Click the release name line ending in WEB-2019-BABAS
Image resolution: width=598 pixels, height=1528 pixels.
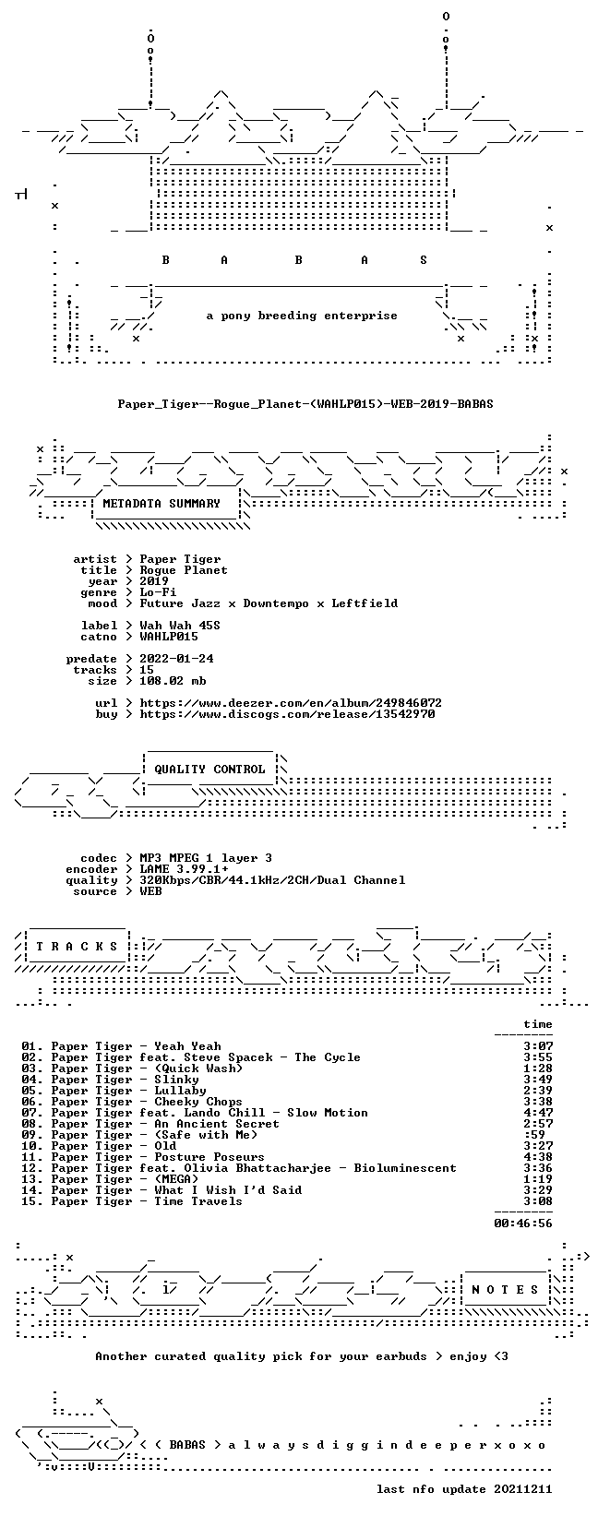coord(305,404)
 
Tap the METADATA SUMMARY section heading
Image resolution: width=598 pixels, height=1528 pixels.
coord(161,504)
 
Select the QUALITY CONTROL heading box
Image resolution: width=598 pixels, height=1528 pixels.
coord(209,769)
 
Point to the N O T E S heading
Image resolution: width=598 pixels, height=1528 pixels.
coord(505,1289)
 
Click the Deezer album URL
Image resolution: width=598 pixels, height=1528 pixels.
coord(291,702)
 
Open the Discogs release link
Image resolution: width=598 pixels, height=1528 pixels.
coord(287,714)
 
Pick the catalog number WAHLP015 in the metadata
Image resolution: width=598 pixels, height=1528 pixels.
coord(169,637)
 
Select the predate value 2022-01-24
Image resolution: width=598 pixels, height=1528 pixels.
coord(176,658)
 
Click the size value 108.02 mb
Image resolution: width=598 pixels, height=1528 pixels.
coord(173,681)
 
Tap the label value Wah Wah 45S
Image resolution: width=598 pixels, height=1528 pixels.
coord(180,626)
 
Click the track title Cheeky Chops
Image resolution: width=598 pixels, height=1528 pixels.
coord(198,1102)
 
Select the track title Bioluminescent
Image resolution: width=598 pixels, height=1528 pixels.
coord(405,1168)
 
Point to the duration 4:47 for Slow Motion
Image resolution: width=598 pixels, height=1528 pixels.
coord(538,1113)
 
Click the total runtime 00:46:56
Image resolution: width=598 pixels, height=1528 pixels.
coord(523,1224)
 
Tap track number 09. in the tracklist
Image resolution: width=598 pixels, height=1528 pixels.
coord(32,1134)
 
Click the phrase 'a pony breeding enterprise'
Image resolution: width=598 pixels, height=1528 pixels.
coord(302,316)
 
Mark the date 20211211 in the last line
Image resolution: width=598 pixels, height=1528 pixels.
coord(523,1489)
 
